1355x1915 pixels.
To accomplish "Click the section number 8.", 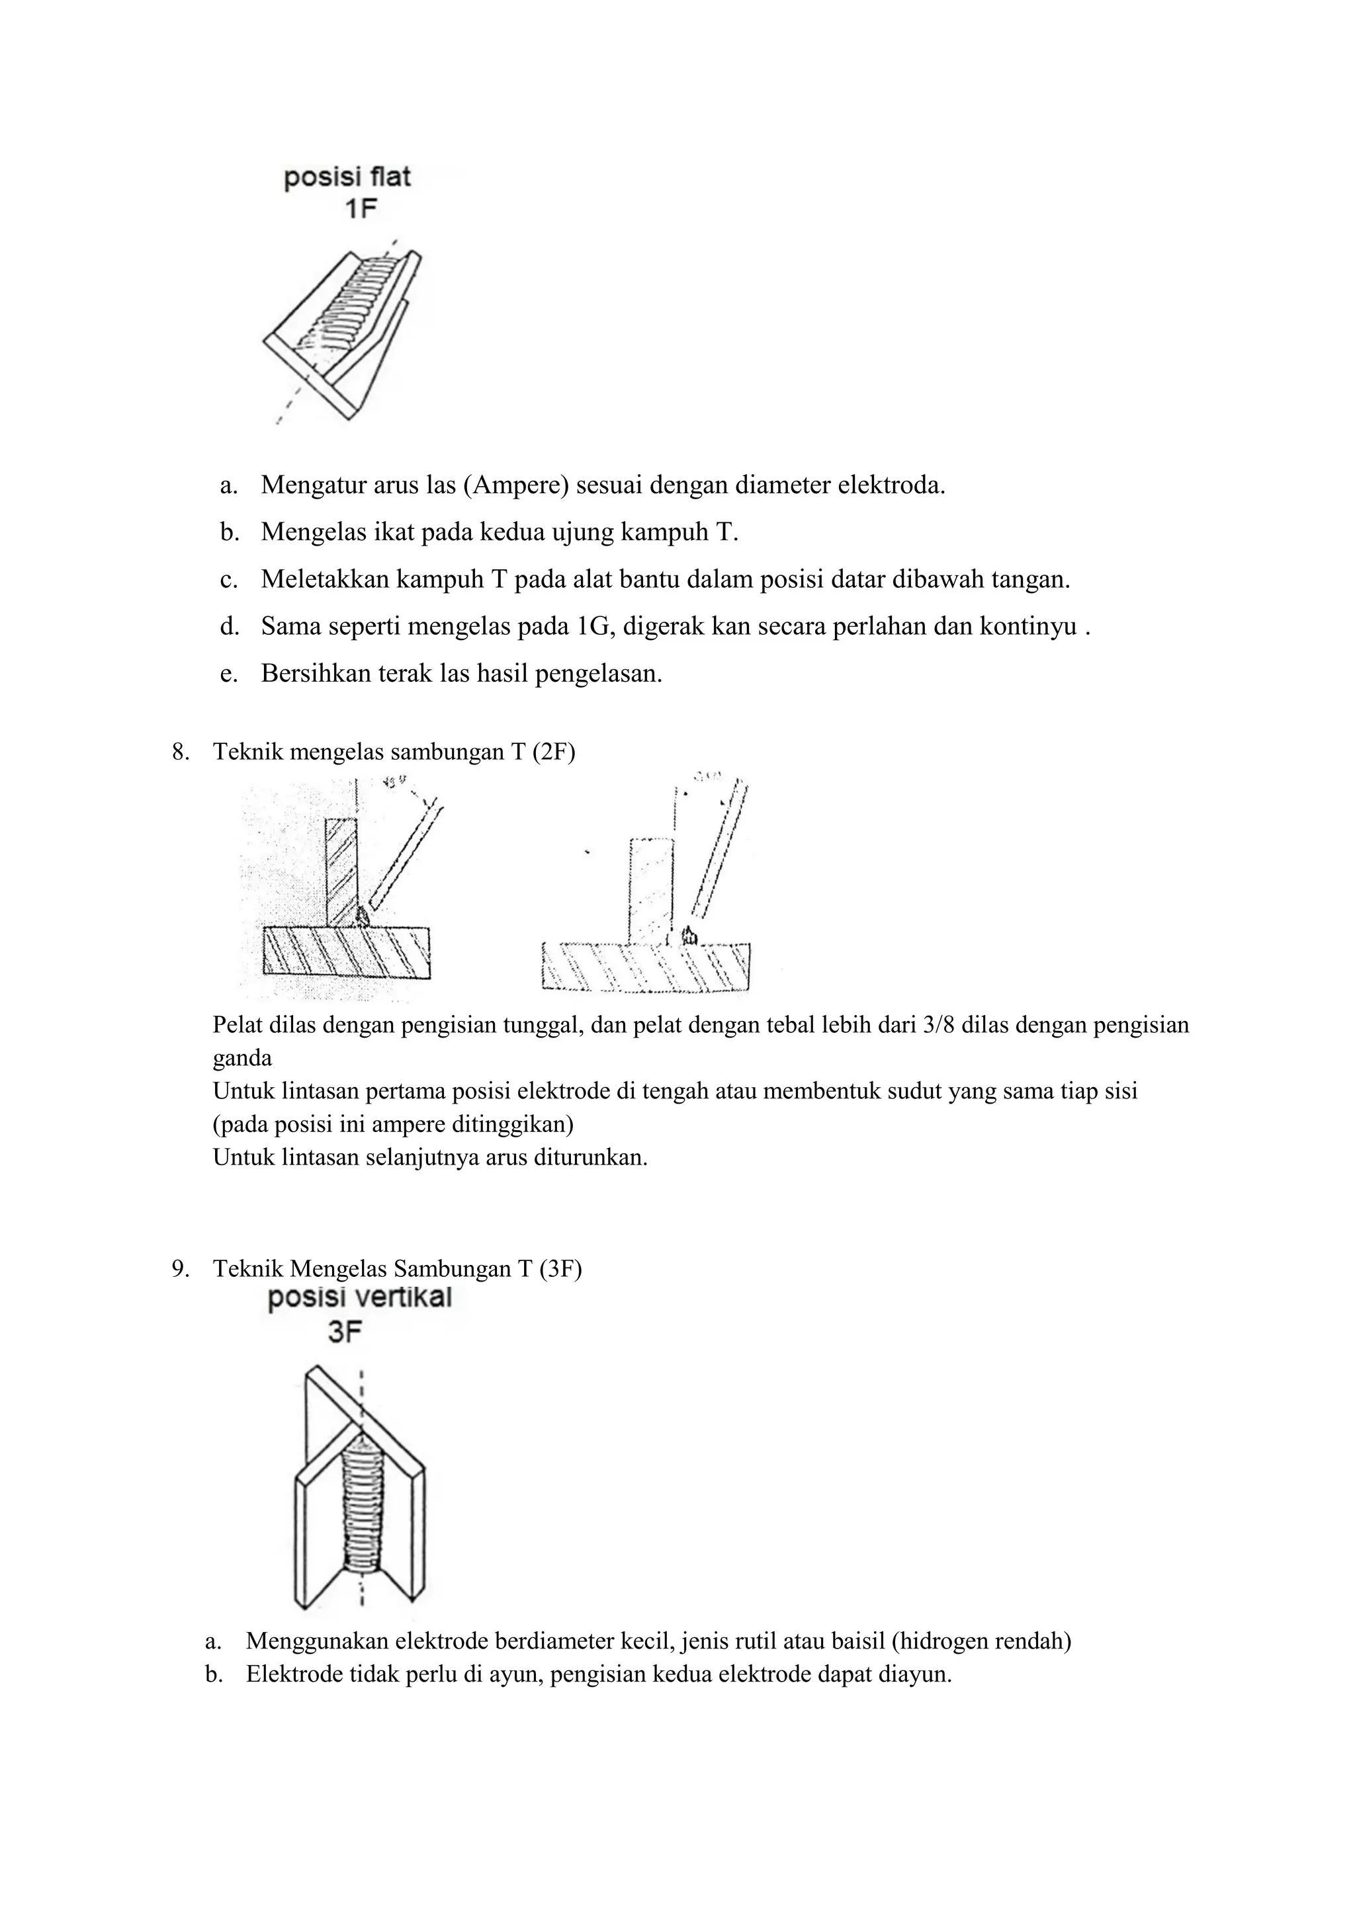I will pyautogui.click(x=179, y=753).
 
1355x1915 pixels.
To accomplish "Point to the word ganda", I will pyautogui.click(x=242, y=1059).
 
